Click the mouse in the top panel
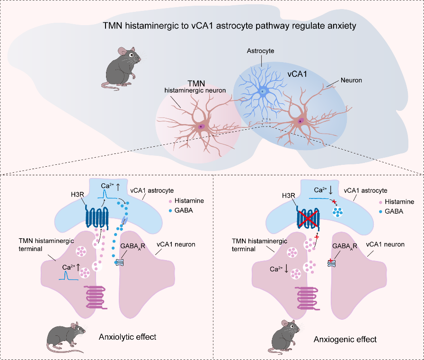(x=122, y=67)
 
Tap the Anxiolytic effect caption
(x=128, y=337)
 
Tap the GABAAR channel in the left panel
(x=120, y=262)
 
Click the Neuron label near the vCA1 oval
(x=351, y=81)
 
